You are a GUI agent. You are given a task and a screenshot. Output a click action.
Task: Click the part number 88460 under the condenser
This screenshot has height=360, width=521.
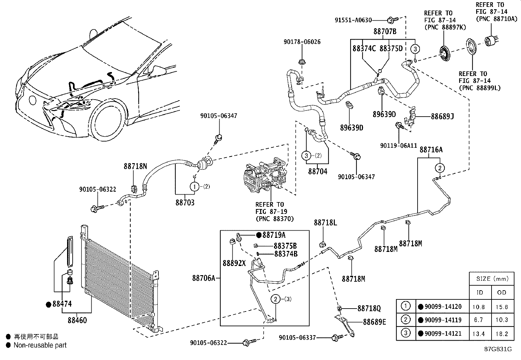pyautogui.click(x=77, y=320)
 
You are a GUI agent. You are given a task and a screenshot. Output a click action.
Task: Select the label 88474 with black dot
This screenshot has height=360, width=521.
pyautogui.click(x=62, y=304)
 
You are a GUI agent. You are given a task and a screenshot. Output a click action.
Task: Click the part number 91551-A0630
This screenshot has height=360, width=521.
pyautogui.click(x=353, y=20)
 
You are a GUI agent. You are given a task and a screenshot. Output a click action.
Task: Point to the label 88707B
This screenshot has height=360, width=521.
pyautogui.click(x=385, y=32)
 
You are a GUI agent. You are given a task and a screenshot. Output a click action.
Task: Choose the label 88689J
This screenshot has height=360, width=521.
pyautogui.click(x=442, y=116)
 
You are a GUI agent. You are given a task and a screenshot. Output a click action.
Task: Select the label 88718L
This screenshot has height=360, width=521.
pyautogui.click(x=325, y=222)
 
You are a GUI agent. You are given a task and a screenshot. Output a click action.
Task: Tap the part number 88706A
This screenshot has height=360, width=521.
pyautogui.click(x=204, y=278)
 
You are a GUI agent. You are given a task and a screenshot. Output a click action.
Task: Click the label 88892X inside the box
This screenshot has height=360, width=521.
pyautogui.click(x=234, y=263)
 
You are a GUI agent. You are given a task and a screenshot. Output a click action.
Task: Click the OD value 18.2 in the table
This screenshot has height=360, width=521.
pyautogui.click(x=501, y=334)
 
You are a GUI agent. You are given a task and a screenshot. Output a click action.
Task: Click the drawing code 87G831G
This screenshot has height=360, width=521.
pyautogui.click(x=498, y=349)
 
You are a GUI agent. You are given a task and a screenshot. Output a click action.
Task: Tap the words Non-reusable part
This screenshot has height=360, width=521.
pyautogui.click(x=40, y=345)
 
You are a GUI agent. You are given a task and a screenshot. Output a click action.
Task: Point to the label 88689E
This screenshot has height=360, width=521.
pyautogui.click(x=374, y=322)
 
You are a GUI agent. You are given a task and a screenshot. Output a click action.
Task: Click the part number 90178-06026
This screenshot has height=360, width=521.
pyautogui.click(x=302, y=42)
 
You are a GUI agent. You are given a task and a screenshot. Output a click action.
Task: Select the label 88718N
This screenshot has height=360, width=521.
pyautogui.click(x=135, y=166)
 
